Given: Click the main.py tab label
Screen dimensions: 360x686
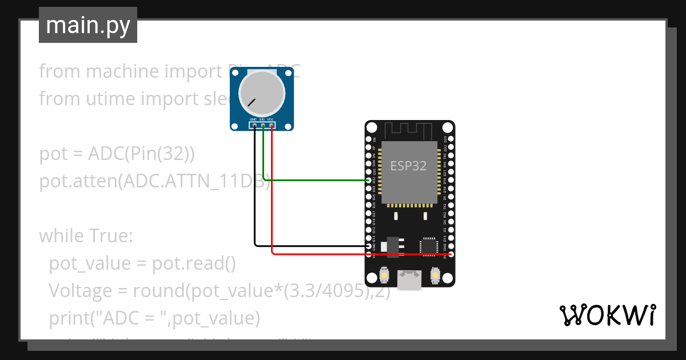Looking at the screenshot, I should pos(87,25).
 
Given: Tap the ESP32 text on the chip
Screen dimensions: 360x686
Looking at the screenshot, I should pos(409,166).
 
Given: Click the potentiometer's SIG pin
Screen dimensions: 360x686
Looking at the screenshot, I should pos(263,125).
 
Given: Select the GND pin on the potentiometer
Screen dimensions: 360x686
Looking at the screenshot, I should pos(254,125).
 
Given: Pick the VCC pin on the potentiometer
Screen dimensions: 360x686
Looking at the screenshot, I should pos(272,125).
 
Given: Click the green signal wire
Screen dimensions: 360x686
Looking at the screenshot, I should pos(314,180).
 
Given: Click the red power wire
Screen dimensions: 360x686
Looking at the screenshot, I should pos(354,254).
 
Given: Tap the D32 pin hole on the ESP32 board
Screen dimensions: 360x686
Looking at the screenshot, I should pos(369,180).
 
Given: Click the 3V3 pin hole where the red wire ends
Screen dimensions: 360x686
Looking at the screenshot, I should pos(450,254).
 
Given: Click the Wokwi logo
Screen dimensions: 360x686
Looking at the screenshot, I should pos(607,315).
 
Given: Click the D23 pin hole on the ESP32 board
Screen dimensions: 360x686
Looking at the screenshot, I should pos(450,139).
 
